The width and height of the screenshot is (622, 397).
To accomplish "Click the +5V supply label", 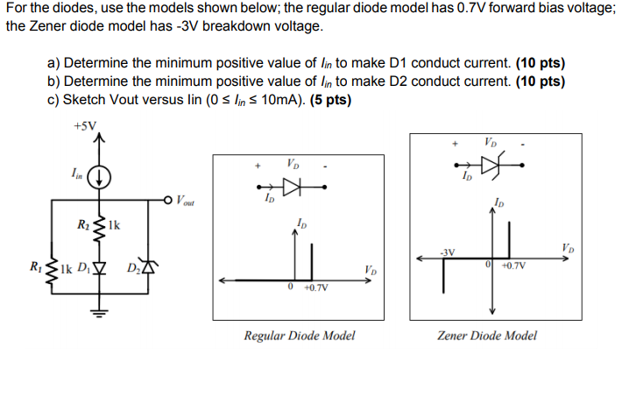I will point(85,126).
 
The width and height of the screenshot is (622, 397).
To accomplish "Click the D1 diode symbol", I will point(99,267).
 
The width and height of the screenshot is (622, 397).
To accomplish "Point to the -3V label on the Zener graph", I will point(448,252).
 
